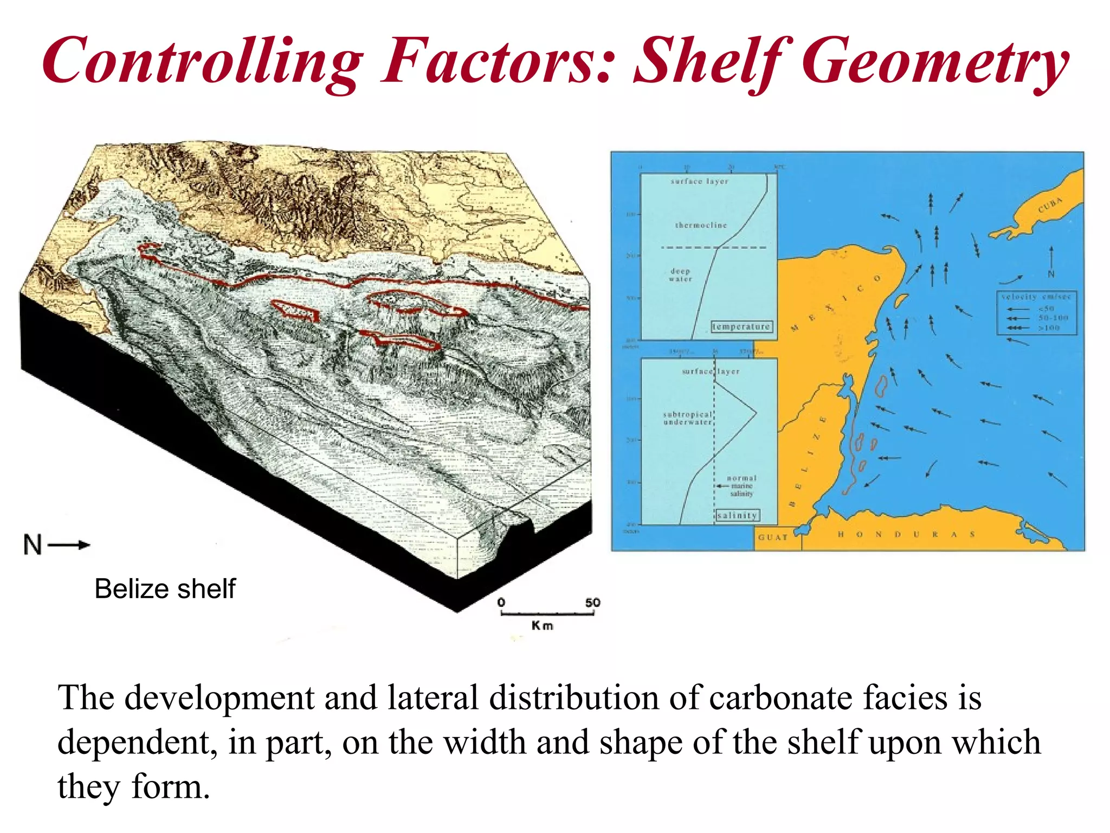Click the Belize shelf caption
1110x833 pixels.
[x=165, y=589]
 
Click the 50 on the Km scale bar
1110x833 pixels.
[x=592, y=603]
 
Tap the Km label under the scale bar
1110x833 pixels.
[x=542, y=626]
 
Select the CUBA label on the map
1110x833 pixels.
[x=1050, y=205]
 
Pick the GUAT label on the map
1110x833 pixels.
[x=772, y=537]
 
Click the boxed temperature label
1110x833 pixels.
[x=741, y=326]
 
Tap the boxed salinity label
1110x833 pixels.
[x=737, y=515]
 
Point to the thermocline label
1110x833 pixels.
[x=701, y=225]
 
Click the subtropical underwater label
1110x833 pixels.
[x=687, y=418]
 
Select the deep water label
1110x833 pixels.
[x=680, y=275]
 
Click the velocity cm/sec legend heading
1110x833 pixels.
[x=1036, y=297]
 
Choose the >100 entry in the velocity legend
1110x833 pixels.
[x=1049, y=328]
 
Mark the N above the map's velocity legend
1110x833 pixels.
[x=1051, y=274]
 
